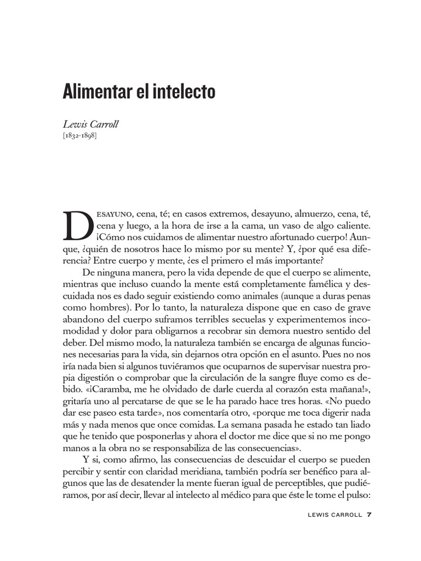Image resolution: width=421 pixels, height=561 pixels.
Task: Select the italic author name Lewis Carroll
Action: [x=91, y=124]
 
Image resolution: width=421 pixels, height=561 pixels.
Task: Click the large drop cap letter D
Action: [x=76, y=225]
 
